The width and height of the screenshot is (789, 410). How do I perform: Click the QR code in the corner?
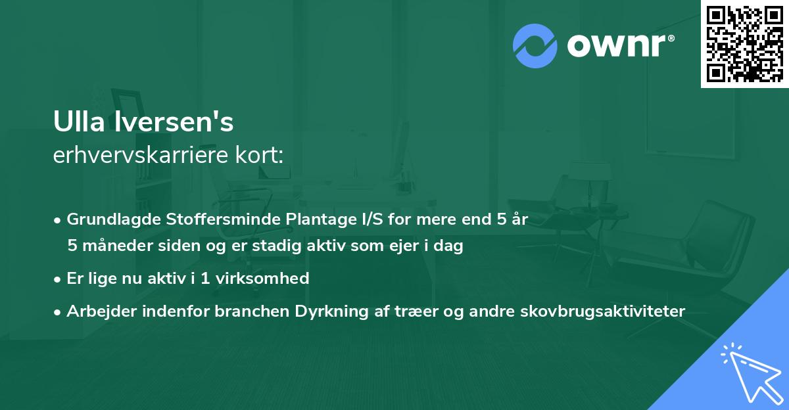744,43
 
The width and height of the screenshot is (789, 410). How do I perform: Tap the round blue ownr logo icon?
535,46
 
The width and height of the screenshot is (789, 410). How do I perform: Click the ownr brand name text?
619,46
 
